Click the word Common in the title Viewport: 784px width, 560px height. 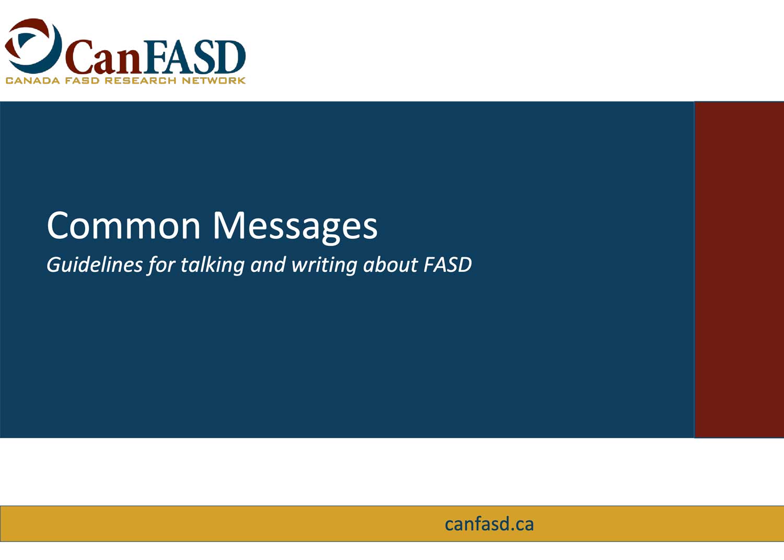click(x=123, y=225)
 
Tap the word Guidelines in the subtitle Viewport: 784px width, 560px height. click(x=95, y=265)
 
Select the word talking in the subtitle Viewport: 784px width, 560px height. click(x=212, y=265)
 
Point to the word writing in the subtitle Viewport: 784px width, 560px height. click(x=325, y=265)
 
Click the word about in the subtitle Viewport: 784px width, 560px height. click(x=390, y=265)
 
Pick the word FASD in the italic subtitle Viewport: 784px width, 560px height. click(x=447, y=265)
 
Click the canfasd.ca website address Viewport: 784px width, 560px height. click(x=489, y=524)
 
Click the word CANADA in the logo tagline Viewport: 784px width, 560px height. click(x=33, y=81)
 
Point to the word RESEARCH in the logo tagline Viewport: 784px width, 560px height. click(x=141, y=81)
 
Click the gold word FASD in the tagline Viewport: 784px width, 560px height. click(x=83, y=81)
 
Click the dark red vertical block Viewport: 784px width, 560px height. click(x=739, y=270)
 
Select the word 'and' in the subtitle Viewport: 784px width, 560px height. click(x=268, y=265)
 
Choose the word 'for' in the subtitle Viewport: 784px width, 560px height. click(x=162, y=265)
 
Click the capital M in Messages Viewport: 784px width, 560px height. click(x=229, y=225)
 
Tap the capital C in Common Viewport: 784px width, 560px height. click(x=59, y=225)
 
